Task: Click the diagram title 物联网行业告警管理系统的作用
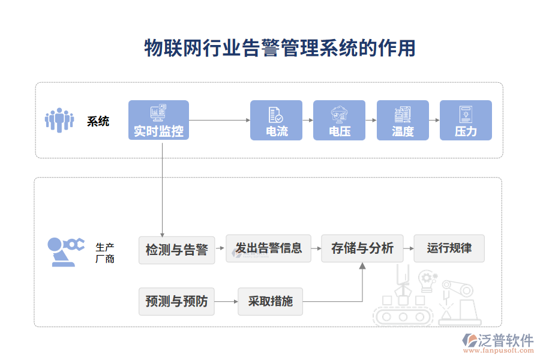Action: tap(280, 48)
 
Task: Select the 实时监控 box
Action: tap(158, 120)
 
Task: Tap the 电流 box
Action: tap(277, 120)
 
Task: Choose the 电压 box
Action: tap(340, 120)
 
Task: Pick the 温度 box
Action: tap(403, 120)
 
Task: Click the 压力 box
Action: tap(466, 120)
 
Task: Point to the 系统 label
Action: tap(98, 121)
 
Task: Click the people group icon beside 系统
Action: tap(60, 120)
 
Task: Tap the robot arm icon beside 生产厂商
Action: tap(65, 251)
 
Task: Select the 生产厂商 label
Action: tap(105, 253)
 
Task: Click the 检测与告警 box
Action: tap(176, 249)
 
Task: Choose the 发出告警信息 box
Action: tap(268, 248)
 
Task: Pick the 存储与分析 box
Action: tap(362, 248)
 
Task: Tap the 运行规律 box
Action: tap(449, 248)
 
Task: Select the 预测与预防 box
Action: tap(176, 301)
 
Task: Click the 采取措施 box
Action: tap(270, 301)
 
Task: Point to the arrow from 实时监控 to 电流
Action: tap(219, 120)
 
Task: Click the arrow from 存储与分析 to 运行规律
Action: tap(408, 248)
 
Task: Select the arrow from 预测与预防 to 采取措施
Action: tap(226, 301)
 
